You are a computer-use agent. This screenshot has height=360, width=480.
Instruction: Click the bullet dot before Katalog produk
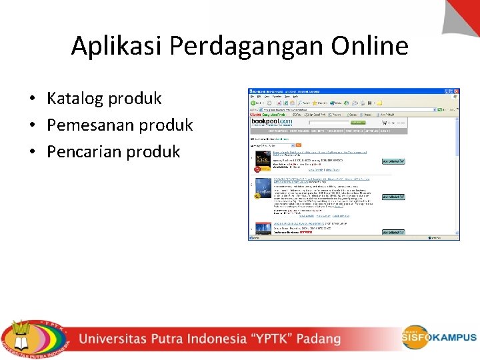coord(32,99)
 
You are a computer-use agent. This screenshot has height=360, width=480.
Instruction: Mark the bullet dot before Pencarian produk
coord(32,152)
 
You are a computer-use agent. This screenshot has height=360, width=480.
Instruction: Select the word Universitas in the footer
coord(120,339)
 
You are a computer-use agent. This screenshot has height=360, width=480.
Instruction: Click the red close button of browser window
coord(456,91)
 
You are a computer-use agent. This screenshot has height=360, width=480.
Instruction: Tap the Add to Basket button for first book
coord(393,161)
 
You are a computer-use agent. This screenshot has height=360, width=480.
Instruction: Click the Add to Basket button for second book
coord(393,197)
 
